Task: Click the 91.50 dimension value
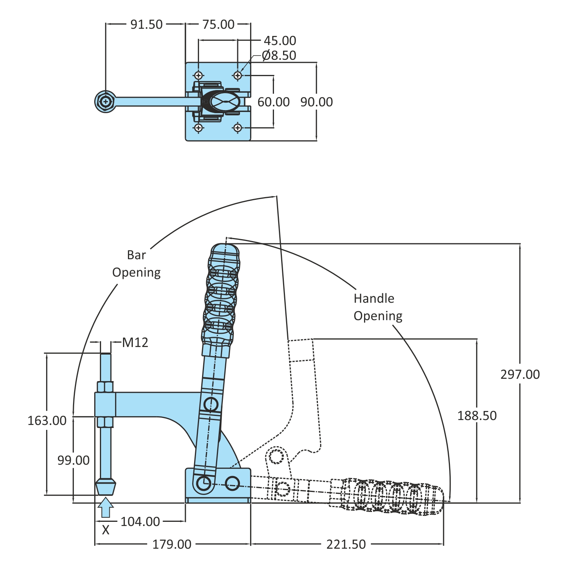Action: point(146,25)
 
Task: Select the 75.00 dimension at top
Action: point(218,25)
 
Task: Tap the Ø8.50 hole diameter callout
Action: point(279,55)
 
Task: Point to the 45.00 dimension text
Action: point(280,40)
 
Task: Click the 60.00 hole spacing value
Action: point(273,102)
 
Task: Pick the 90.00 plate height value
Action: point(316,102)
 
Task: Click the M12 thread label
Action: point(135,342)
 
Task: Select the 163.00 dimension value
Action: point(47,420)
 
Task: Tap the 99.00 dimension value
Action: point(73,460)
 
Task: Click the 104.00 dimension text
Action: point(140,521)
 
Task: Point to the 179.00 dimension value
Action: point(172,544)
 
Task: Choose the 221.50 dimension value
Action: point(346,544)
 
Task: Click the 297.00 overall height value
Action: point(520,374)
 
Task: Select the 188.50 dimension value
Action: point(477,415)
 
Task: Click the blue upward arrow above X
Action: point(106,507)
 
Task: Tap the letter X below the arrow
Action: point(106,530)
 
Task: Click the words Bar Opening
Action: point(136,264)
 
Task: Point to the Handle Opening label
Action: point(377,307)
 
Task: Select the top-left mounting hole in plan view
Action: point(199,75)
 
